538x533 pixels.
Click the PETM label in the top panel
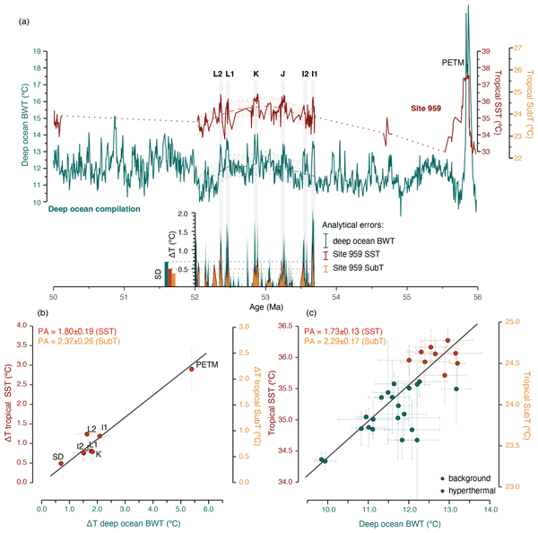pos(454,62)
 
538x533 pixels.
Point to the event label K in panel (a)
pos(256,74)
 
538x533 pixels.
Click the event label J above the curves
pos(282,74)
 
